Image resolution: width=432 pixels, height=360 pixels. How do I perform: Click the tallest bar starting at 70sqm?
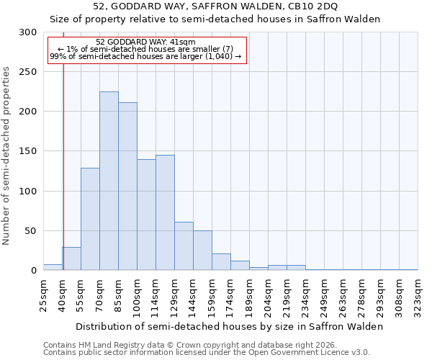[x=109, y=181]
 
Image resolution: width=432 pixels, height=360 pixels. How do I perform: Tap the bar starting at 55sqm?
[x=90, y=219]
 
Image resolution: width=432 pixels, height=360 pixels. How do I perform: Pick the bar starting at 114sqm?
[x=165, y=212]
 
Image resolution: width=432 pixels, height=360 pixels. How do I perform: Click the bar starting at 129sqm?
[x=184, y=246]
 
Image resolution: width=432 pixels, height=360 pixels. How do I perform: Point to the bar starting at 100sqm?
[x=146, y=215]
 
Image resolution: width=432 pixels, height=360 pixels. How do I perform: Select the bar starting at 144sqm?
[x=202, y=250]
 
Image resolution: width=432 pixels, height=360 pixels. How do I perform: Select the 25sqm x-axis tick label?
[x=43, y=295]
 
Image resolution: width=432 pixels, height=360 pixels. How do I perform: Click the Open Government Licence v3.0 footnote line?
[x=207, y=353]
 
